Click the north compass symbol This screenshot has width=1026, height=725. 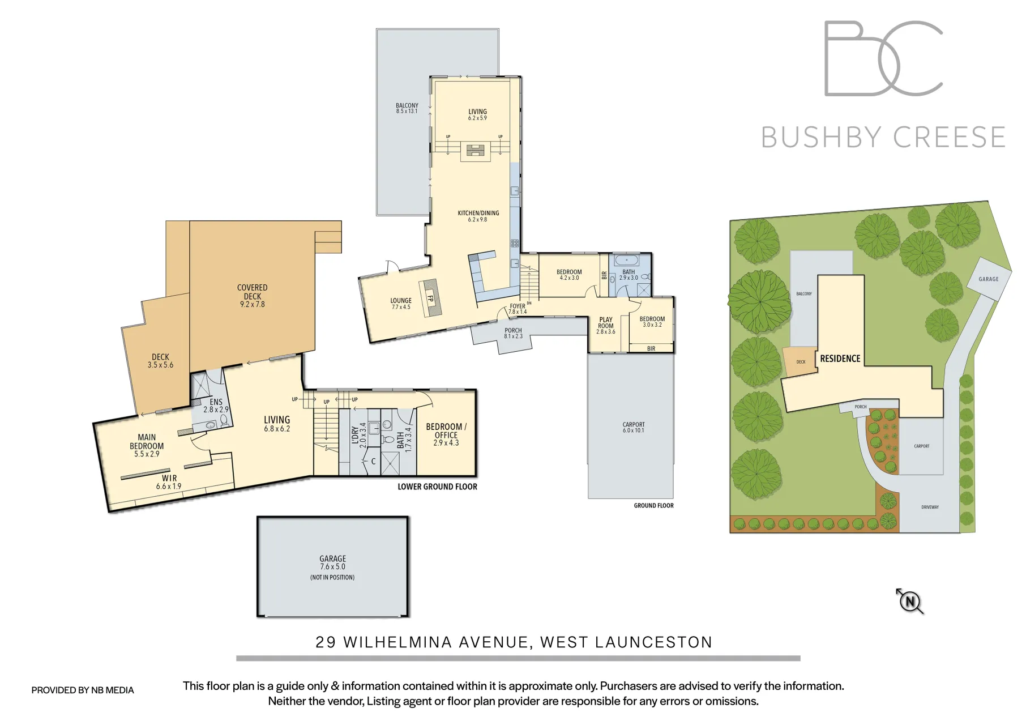(910, 602)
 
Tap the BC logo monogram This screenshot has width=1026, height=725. (883, 58)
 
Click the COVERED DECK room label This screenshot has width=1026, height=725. (252, 296)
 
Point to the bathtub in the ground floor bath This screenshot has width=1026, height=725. (626, 261)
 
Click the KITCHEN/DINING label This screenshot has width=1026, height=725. (478, 216)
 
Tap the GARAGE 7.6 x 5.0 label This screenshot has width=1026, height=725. (332, 562)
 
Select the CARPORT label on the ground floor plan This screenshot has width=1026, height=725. (633, 427)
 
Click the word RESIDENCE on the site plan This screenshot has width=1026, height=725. (840, 359)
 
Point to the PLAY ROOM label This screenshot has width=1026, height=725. (605, 325)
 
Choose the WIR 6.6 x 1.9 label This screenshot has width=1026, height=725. (169, 482)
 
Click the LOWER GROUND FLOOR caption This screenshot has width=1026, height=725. (437, 487)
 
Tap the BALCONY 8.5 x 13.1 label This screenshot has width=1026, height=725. (407, 108)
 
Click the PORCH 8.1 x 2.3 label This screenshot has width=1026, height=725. (513, 333)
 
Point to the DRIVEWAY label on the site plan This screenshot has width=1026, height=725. (930, 507)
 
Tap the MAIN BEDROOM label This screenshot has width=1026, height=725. (147, 445)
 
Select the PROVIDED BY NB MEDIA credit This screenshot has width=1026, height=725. (83, 690)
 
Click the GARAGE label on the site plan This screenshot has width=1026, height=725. (988, 279)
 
